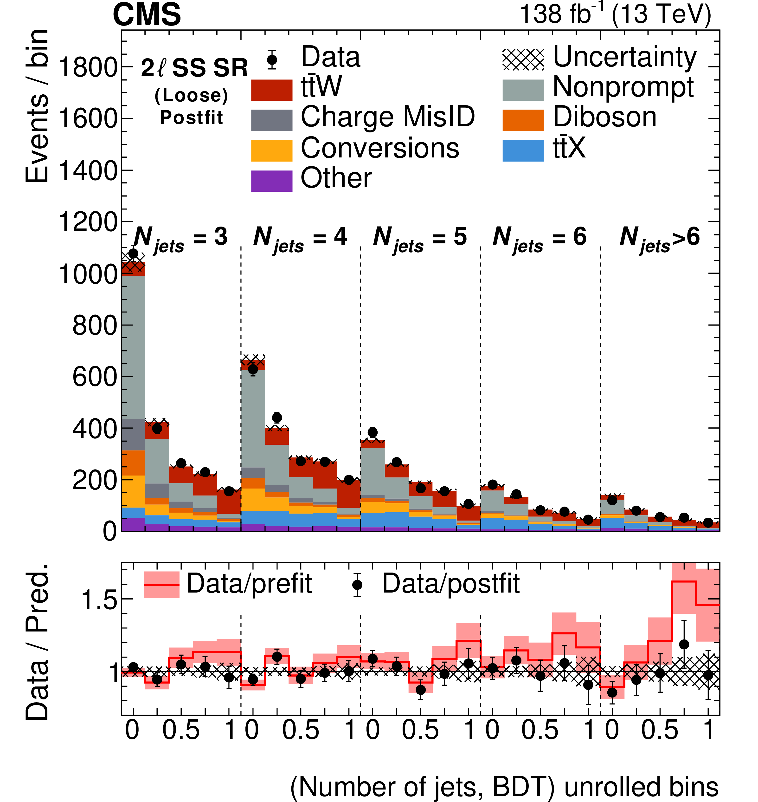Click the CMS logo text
point(147,14)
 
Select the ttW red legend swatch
point(271,90)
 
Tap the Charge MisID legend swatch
point(271,120)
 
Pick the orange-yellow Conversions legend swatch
point(271,150)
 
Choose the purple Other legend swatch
point(271,181)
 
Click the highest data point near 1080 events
point(133,254)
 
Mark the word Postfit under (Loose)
point(192,118)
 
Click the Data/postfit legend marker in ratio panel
point(357,585)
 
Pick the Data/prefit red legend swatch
point(162,585)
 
